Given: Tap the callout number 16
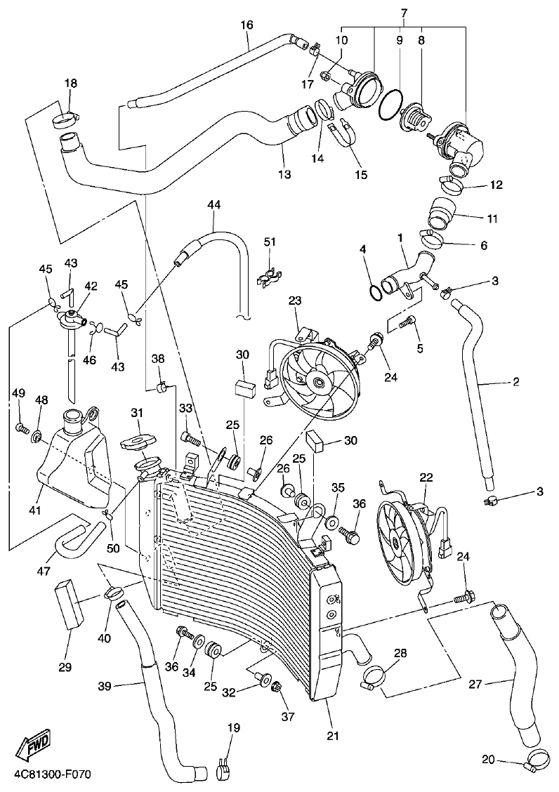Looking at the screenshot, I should [246, 25].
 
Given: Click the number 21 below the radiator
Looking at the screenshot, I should [332, 736].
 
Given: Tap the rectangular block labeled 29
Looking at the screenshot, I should [70, 604].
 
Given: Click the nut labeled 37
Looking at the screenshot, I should [276, 686].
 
